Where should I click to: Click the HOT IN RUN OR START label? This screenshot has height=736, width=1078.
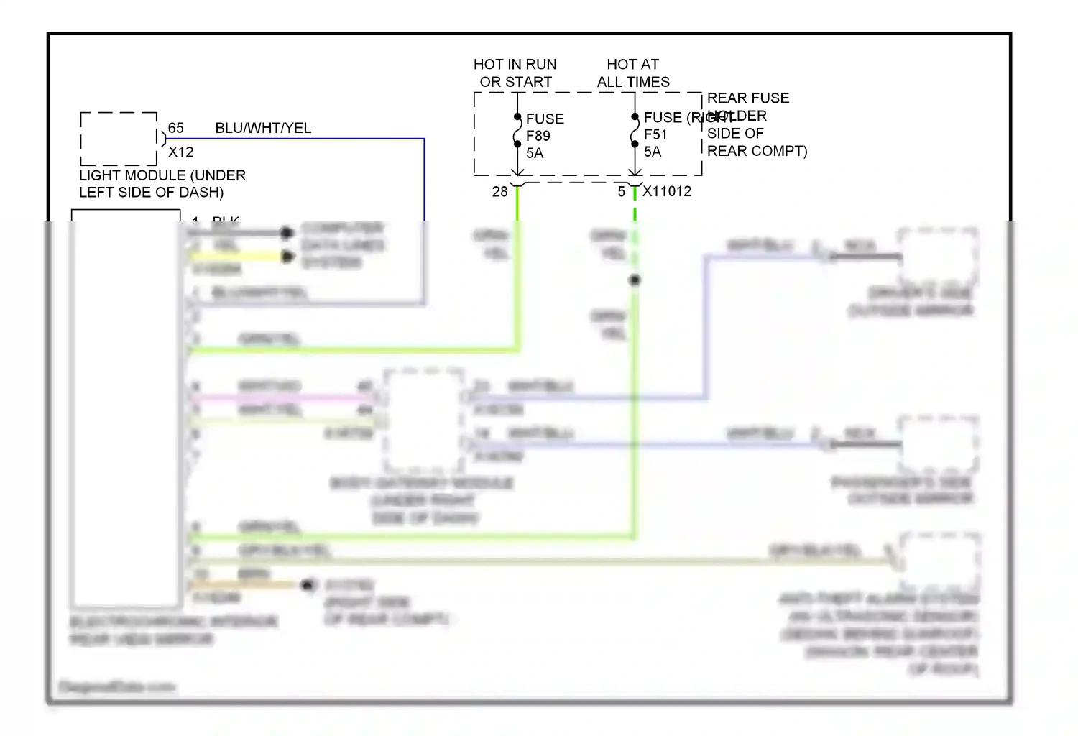pyautogui.click(x=515, y=73)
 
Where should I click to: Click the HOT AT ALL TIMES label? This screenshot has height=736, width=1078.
pyautogui.click(x=633, y=73)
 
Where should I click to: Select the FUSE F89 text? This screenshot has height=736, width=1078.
pyautogui.click(x=545, y=127)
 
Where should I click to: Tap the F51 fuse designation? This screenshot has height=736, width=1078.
pyautogui.click(x=655, y=134)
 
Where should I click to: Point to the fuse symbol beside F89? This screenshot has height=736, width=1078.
pyautogui.click(x=517, y=131)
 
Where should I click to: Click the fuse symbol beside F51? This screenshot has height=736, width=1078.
pyautogui.click(x=635, y=130)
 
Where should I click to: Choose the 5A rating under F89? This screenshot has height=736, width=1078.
pyautogui.click(x=535, y=153)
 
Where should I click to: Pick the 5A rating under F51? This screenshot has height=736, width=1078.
pyautogui.click(x=653, y=152)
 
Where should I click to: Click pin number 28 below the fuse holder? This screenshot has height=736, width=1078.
pyautogui.click(x=499, y=192)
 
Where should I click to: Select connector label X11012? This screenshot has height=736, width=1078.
pyautogui.click(x=667, y=191)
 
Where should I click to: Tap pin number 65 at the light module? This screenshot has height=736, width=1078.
pyautogui.click(x=176, y=128)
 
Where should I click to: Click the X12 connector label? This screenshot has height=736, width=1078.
pyautogui.click(x=180, y=152)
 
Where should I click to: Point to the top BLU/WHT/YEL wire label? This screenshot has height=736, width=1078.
pyautogui.click(x=263, y=128)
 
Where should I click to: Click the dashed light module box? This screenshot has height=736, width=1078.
pyautogui.click(x=119, y=139)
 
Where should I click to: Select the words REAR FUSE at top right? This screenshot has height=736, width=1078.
pyautogui.click(x=747, y=98)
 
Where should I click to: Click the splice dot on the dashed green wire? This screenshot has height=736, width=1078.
pyautogui.click(x=635, y=280)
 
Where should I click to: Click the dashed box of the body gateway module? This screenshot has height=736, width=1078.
pyautogui.click(x=424, y=420)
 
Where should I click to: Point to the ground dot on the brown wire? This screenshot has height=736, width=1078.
pyautogui.click(x=309, y=585)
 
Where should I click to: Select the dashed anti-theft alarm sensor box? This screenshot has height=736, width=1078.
pyautogui.click(x=940, y=561)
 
